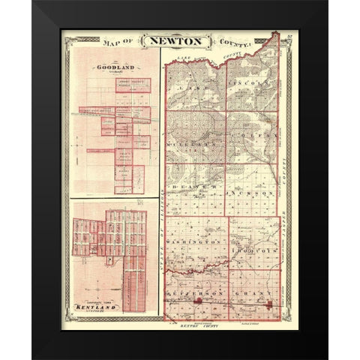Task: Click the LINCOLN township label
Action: [251, 79]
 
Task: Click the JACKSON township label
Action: [251, 193]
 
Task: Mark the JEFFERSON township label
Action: [192, 288]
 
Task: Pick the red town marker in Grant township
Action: [268, 304]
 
